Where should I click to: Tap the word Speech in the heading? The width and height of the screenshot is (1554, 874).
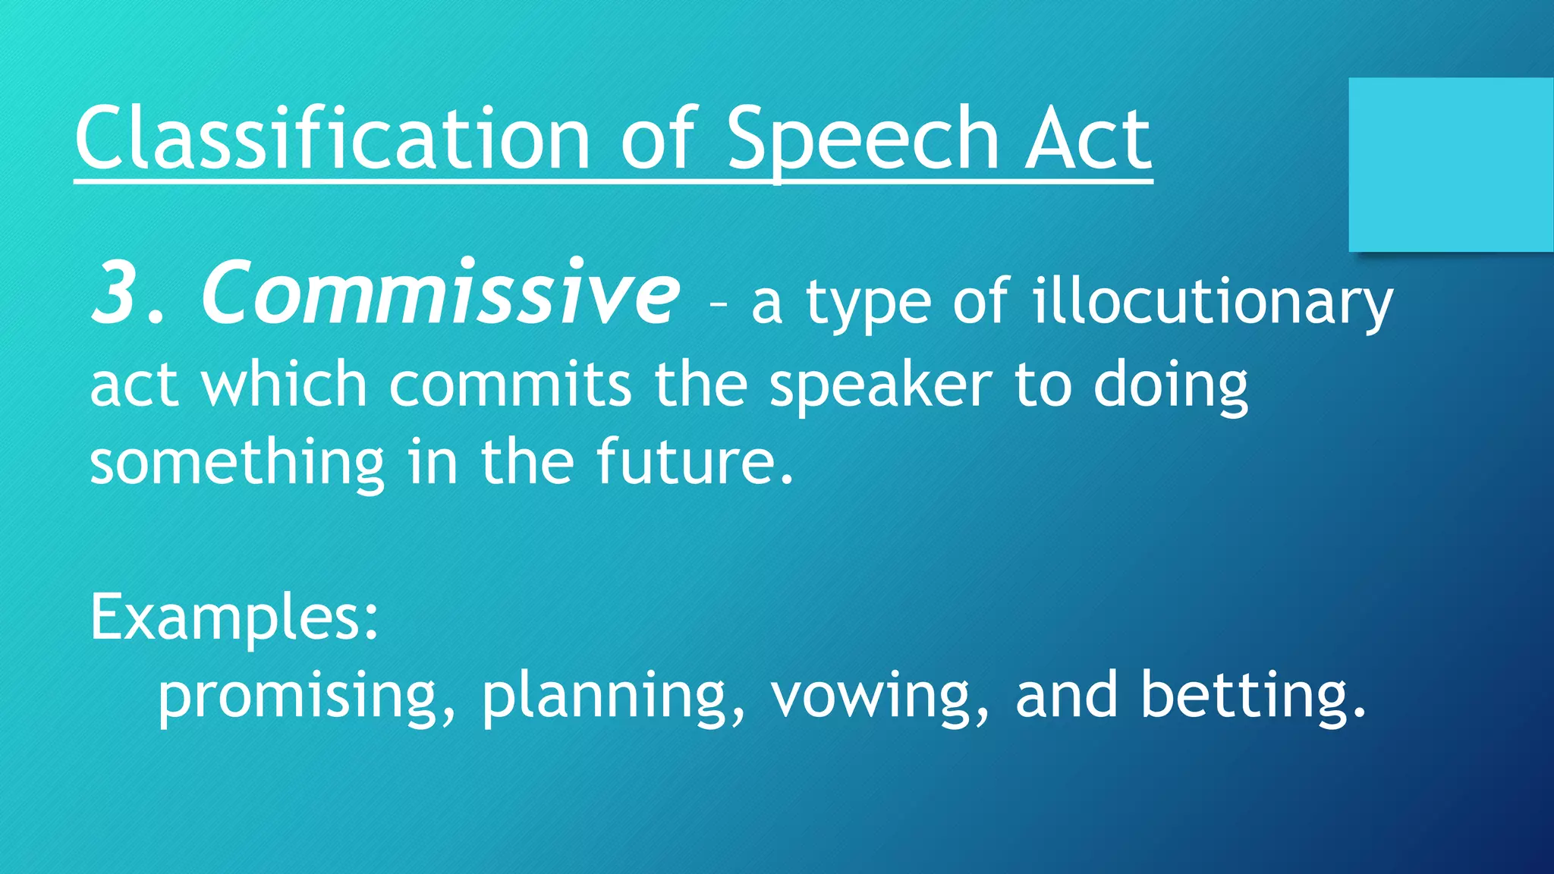pyautogui.click(x=863, y=140)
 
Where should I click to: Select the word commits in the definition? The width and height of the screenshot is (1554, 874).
pyautogui.click(x=510, y=384)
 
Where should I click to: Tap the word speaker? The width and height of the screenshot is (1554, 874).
pyautogui.click(x=880, y=385)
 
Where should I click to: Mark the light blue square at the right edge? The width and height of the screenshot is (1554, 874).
pyautogui.click(x=1451, y=165)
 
